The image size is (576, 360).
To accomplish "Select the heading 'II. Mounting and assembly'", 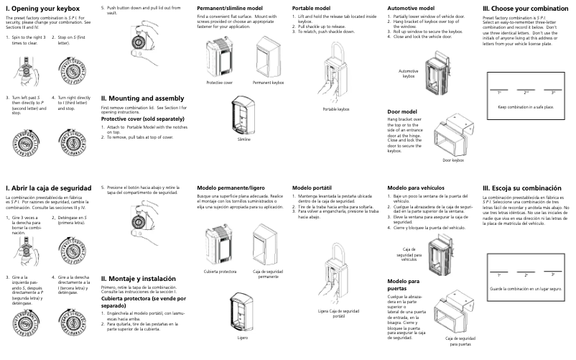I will tap(143, 98).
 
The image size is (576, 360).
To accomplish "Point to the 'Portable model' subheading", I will tap(312, 7).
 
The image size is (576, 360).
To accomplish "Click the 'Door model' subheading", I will tap(402, 112).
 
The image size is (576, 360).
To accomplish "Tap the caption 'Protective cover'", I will tap(219, 83).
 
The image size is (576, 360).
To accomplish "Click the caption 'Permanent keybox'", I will tap(269, 83).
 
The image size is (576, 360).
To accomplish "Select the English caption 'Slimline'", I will tap(244, 139).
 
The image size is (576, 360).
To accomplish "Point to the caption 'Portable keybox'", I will tap(335, 109).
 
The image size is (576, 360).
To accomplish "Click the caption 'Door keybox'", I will tap(454, 160).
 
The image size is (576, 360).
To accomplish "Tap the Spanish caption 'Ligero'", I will tap(243, 336).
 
